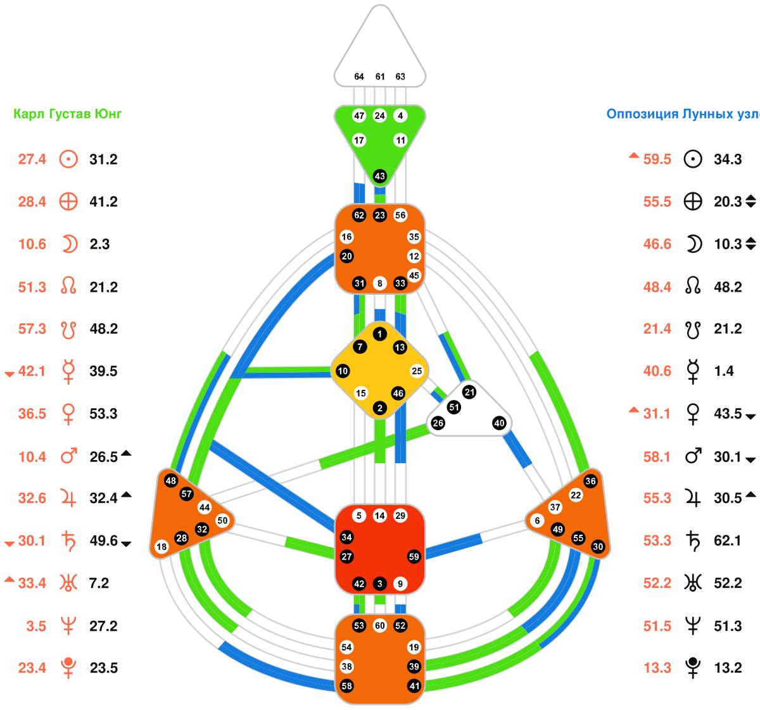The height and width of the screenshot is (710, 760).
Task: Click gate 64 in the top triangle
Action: (359, 77)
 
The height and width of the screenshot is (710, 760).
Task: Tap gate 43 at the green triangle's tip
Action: (380, 176)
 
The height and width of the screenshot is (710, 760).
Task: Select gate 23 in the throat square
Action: (380, 215)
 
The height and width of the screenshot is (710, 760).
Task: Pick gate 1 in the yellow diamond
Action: (379, 334)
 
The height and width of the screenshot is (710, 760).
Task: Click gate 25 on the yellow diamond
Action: (417, 371)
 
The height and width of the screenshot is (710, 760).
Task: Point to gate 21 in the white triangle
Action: (469, 392)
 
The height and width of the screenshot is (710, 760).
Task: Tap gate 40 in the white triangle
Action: (500, 423)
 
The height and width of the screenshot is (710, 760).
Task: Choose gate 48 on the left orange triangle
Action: (170, 480)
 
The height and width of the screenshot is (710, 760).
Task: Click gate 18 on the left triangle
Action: (161, 547)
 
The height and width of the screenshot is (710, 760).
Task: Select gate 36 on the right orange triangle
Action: (590, 481)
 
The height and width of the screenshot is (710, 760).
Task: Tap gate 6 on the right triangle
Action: (538, 521)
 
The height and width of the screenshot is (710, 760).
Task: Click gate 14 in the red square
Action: (380, 516)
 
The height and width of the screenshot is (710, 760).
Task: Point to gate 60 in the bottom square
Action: (380, 626)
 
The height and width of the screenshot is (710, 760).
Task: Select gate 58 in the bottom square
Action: (346, 686)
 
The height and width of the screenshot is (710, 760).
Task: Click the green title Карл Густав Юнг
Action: (68, 114)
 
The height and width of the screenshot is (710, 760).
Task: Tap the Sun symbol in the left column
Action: (68, 159)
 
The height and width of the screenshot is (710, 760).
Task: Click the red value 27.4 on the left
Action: (32, 159)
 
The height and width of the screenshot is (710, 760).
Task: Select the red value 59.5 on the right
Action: (657, 159)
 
